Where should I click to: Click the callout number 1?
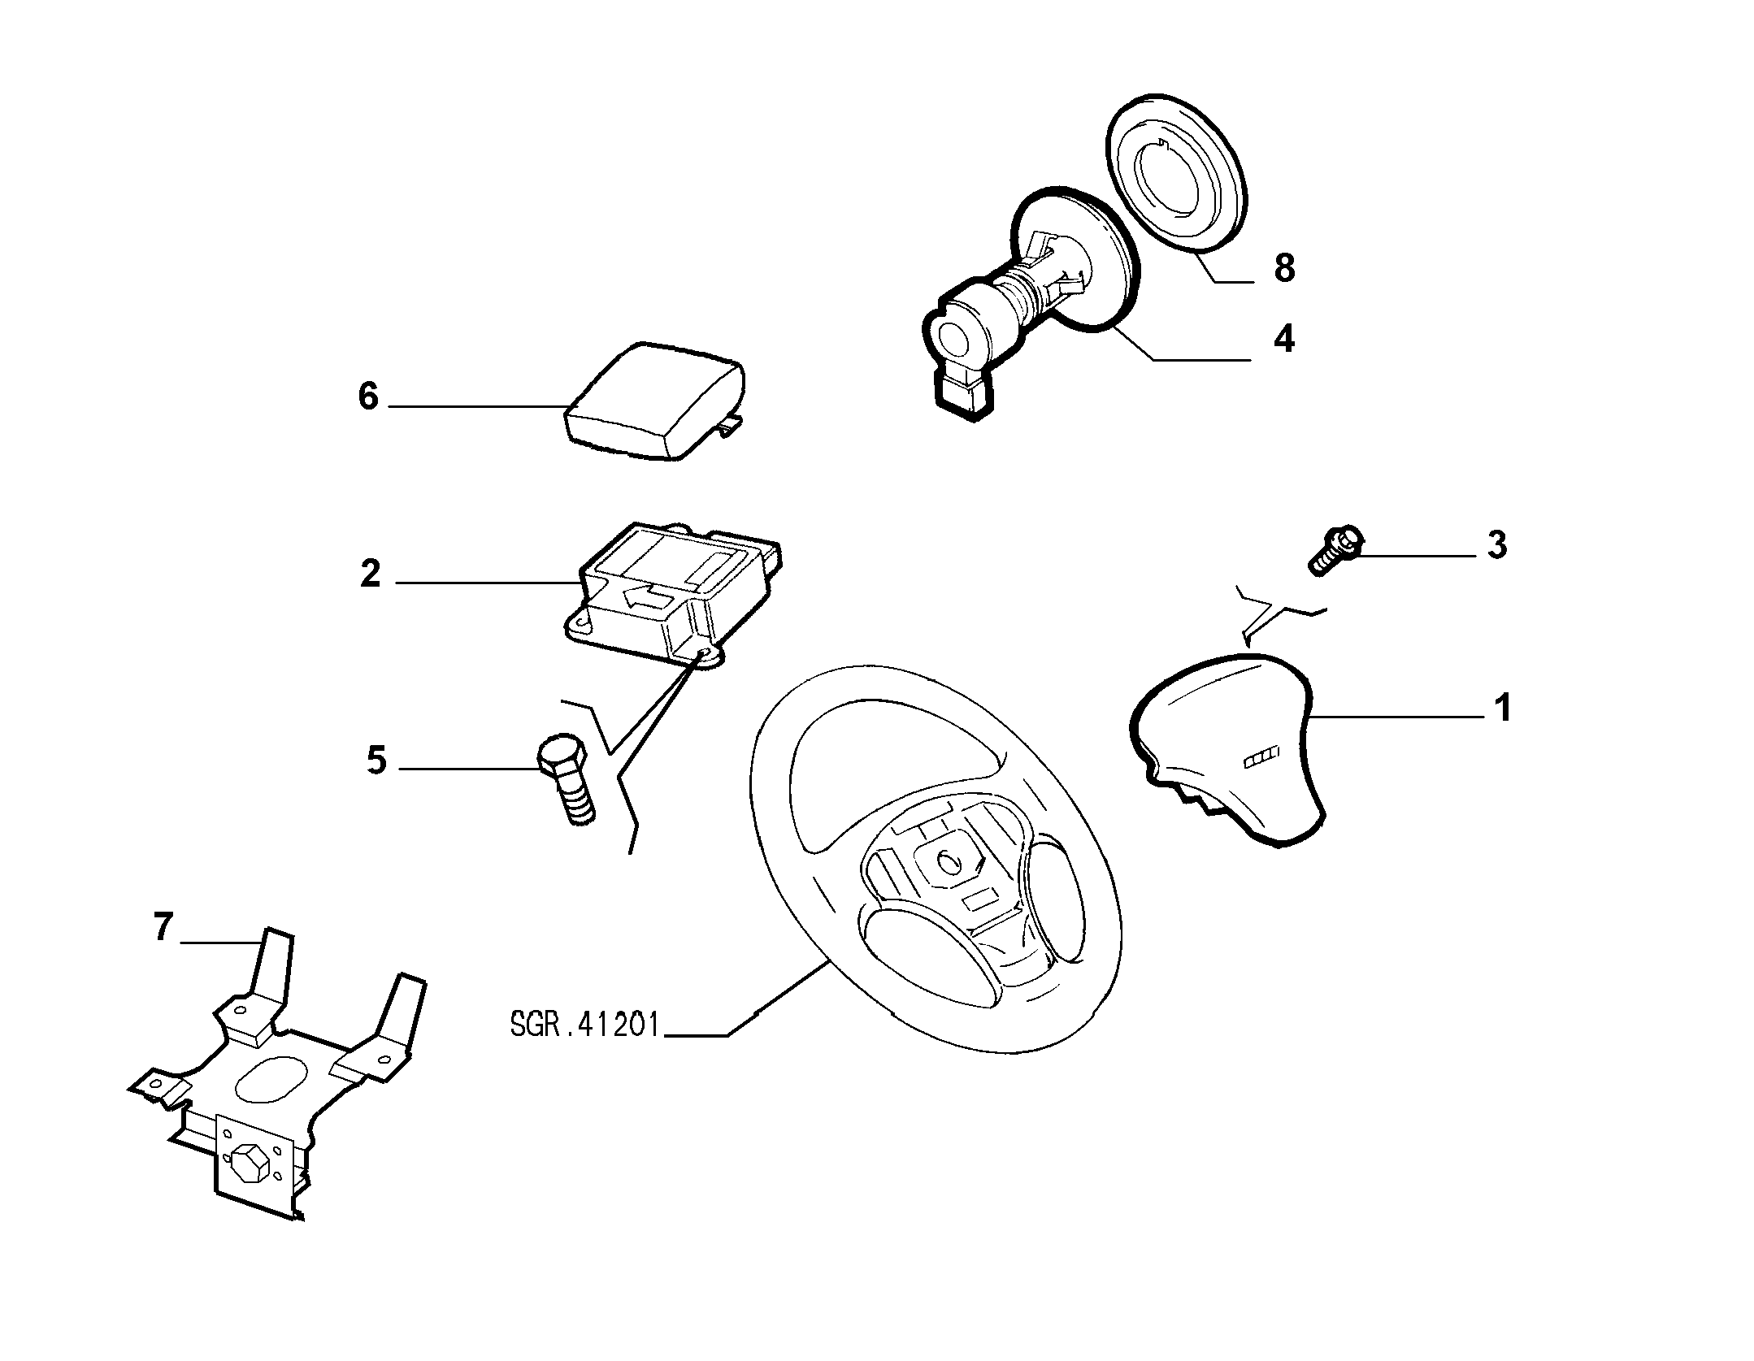[1503, 708]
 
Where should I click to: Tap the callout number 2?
[370, 574]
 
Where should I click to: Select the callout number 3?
[1496, 545]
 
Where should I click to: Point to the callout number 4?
[1283, 338]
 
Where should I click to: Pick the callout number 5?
[376, 761]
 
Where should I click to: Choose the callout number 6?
[368, 397]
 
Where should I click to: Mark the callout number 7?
[163, 926]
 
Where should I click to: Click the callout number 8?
[1283, 268]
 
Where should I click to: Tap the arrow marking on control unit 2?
[648, 599]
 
